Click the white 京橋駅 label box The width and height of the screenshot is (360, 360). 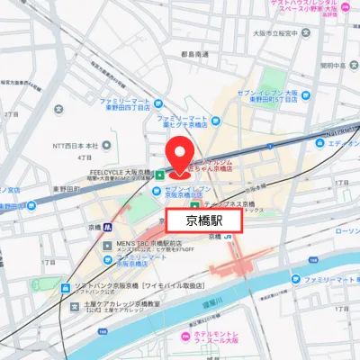click(x=204, y=220)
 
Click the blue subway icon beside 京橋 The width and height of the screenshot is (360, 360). click(x=107, y=226)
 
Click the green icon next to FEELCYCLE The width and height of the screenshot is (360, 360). click(x=159, y=174)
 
